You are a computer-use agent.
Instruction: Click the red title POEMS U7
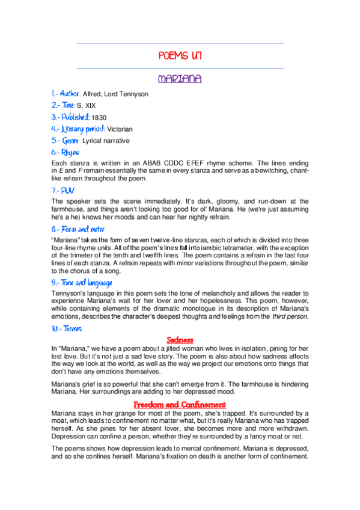180,56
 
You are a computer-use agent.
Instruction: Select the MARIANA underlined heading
180,79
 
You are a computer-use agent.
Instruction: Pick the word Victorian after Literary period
120,129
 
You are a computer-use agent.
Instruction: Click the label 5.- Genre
66,141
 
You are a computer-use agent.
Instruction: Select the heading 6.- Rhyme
66,153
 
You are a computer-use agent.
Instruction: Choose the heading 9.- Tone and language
82,283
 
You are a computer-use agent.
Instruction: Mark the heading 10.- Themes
67,328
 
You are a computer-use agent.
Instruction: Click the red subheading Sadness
180,340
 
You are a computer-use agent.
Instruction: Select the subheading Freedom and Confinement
180,404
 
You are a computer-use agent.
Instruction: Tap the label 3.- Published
71,117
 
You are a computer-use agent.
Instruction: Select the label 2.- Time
63,106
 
